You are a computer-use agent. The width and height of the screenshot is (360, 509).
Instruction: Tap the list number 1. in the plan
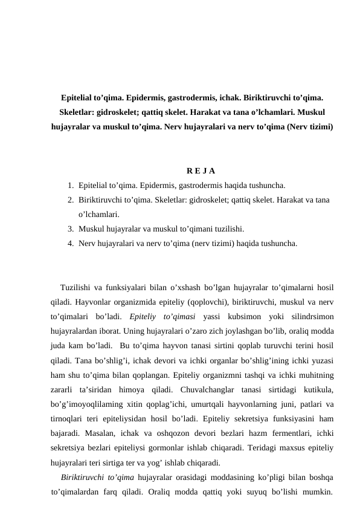[x=71, y=185]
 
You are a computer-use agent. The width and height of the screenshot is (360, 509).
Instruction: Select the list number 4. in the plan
[x=71, y=244]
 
